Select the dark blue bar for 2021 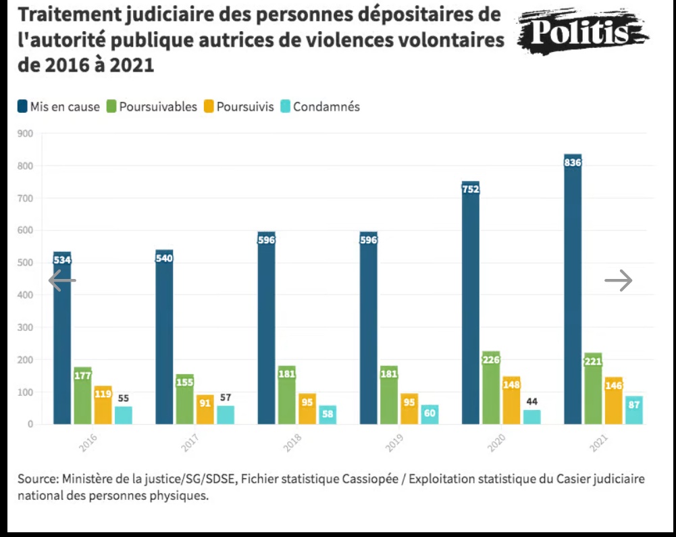click(573, 290)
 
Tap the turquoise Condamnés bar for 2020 click(531, 417)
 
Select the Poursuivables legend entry click(152, 107)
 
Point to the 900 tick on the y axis click(26, 133)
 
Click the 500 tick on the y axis click(26, 263)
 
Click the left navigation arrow click(62, 280)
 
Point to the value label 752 click(471, 189)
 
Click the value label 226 click(491, 360)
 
